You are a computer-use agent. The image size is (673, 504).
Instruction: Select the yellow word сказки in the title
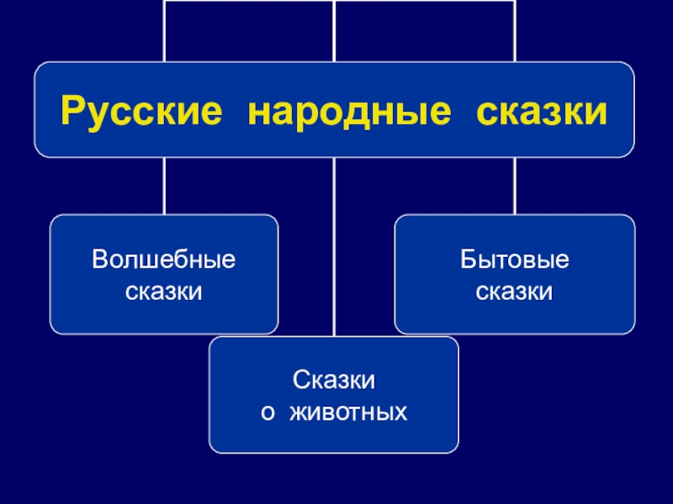542,111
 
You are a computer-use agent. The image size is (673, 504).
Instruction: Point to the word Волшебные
164,259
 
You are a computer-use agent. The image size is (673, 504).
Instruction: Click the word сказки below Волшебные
164,292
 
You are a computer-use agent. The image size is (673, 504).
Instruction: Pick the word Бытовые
515,259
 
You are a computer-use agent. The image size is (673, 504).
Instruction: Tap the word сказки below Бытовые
515,292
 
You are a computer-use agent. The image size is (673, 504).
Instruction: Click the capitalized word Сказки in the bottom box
334,380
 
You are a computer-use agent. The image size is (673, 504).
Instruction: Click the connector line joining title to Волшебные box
164,186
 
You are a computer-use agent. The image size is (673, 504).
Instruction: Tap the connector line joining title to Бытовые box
515,186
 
